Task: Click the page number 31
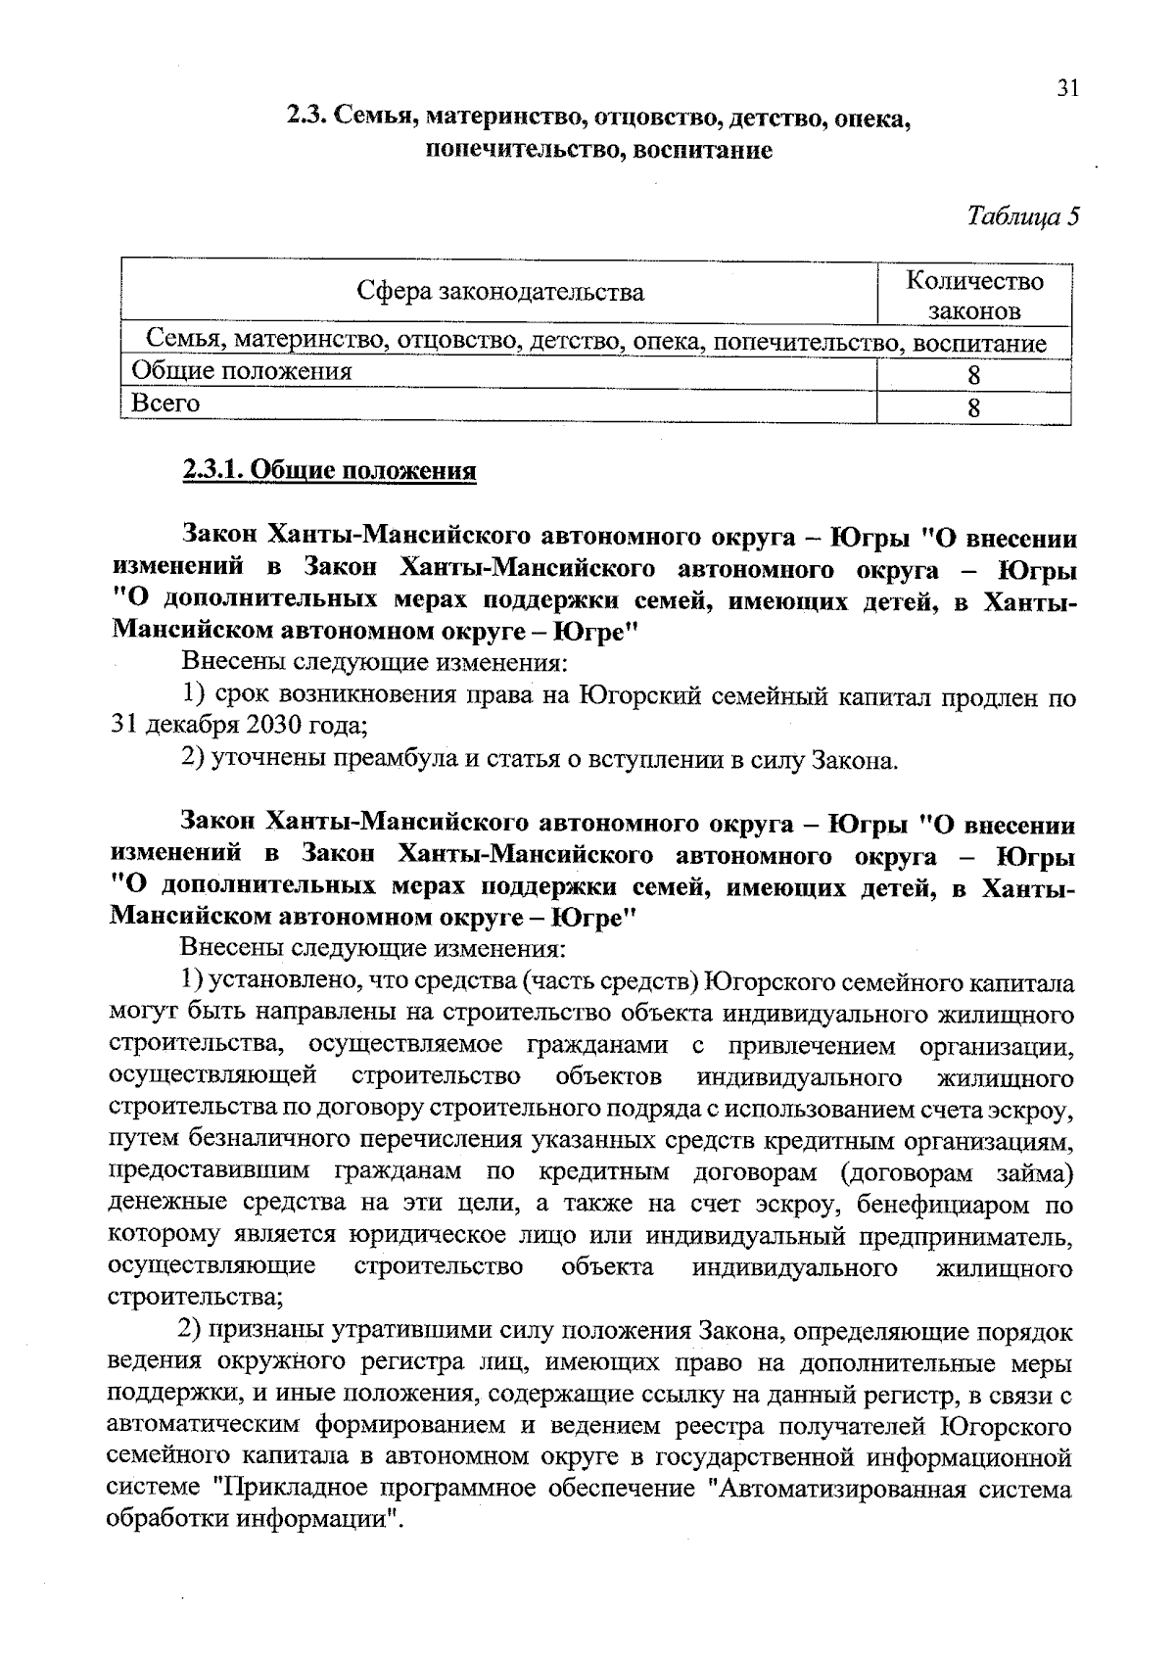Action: (x=1067, y=89)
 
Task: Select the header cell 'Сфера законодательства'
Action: (x=499, y=292)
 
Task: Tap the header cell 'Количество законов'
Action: (x=974, y=295)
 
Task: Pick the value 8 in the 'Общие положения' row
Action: (x=973, y=375)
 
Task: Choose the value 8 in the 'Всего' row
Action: (x=973, y=407)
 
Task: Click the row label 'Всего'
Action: (x=165, y=404)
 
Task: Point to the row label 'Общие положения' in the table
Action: (x=241, y=371)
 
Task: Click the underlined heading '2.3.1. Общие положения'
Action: (x=329, y=471)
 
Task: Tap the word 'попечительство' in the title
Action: (x=522, y=151)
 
